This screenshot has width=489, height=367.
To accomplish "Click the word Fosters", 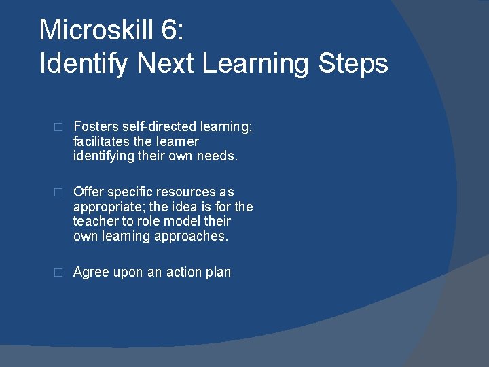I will click(x=95, y=126).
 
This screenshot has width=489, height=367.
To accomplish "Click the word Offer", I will click(x=88, y=192).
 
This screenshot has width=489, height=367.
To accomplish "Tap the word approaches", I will click(x=194, y=237).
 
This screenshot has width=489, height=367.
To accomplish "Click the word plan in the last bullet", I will click(x=219, y=273).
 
